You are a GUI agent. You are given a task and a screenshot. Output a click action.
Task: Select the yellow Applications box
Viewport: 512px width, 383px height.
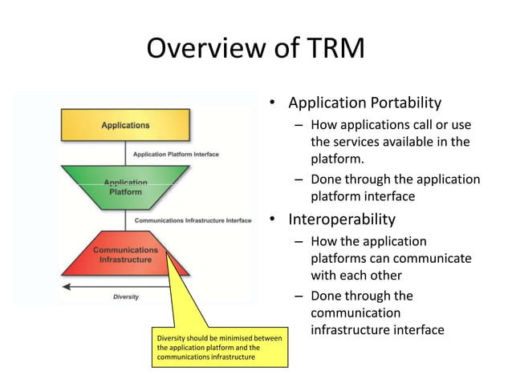coord(125,125)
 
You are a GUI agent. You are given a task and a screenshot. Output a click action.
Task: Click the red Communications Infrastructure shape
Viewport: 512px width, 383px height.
coord(125,255)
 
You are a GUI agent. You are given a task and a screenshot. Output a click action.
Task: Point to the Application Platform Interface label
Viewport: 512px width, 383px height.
coord(176,154)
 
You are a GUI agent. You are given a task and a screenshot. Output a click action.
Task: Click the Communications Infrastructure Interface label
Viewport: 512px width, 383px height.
coord(193,220)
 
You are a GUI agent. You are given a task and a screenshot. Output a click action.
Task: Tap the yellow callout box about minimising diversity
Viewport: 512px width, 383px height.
coord(219,348)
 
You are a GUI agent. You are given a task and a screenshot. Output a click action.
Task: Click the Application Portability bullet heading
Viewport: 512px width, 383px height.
coord(364,103)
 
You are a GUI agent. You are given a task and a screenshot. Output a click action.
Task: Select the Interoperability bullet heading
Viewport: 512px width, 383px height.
coord(342,219)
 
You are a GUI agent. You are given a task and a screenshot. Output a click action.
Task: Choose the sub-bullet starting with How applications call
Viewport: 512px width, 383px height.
coord(391,142)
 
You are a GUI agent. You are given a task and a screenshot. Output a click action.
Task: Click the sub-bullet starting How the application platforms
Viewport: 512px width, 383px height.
coord(391,259)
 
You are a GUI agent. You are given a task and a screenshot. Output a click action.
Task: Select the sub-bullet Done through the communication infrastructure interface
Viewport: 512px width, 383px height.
coord(377,312)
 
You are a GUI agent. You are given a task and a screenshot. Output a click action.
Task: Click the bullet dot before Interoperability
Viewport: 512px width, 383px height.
coord(273,220)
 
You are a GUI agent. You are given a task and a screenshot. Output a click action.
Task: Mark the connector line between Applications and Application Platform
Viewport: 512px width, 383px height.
coord(125,153)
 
